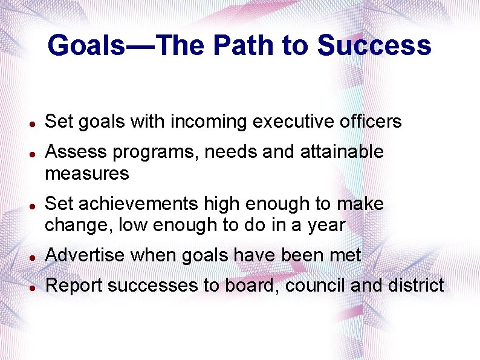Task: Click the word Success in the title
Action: click(374, 45)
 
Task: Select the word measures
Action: click(87, 174)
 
